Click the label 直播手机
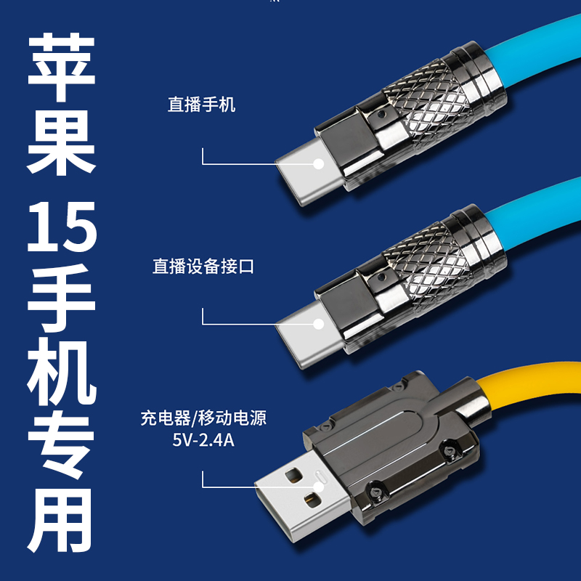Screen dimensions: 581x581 202,105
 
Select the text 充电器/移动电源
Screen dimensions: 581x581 203,418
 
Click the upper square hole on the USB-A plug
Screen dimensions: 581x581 294,476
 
